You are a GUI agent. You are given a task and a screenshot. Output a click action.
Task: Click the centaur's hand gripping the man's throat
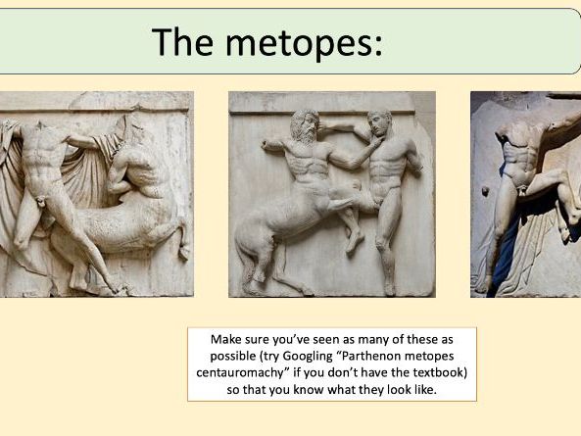[368, 150]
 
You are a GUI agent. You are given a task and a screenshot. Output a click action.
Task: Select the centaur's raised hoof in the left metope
[183, 252]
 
